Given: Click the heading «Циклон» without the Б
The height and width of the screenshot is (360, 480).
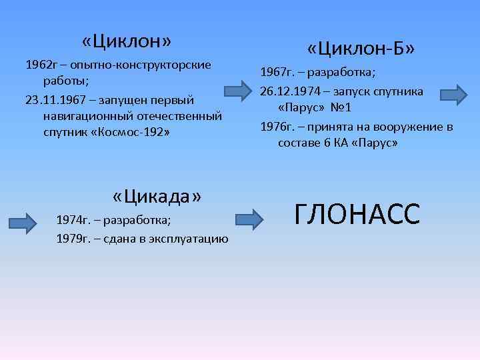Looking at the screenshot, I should [127, 41].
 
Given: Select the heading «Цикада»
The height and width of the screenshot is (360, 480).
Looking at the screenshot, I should [157, 197].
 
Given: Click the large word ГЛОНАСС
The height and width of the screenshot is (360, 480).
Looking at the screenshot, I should [357, 214].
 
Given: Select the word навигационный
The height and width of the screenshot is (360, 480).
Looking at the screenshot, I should [84, 117].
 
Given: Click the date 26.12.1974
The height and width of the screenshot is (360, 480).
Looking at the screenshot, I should [289, 91].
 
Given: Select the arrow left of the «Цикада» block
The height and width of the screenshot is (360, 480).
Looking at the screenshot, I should [27, 221].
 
